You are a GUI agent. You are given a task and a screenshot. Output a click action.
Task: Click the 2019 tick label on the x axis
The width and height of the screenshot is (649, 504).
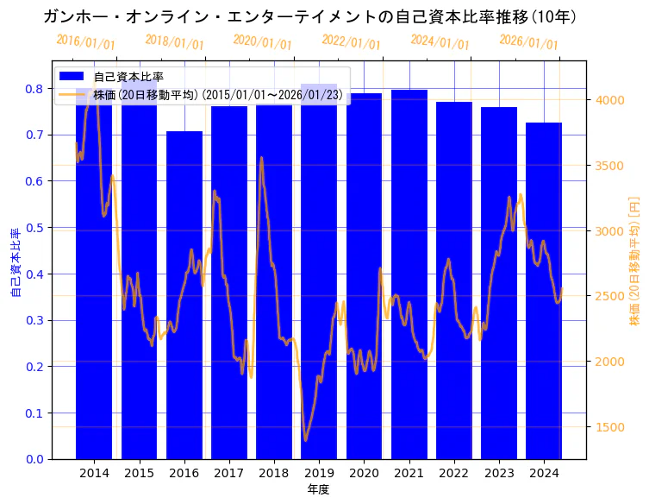(x=319, y=473)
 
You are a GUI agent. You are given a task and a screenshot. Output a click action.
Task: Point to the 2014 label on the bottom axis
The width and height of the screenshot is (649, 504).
(x=94, y=473)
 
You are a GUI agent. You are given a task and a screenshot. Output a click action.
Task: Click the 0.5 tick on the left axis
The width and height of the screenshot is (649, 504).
(x=34, y=228)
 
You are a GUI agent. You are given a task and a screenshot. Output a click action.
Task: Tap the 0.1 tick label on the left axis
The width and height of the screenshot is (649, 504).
(x=34, y=413)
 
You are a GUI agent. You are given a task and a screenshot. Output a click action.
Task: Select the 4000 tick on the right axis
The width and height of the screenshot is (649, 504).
(x=609, y=100)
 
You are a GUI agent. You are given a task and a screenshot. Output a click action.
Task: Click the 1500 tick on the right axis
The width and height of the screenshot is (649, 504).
(x=609, y=427)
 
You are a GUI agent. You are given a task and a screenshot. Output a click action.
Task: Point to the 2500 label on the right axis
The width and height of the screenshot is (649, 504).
(x=609, y=296)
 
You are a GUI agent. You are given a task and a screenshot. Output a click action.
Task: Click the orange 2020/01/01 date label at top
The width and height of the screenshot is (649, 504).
(x=263, y=42)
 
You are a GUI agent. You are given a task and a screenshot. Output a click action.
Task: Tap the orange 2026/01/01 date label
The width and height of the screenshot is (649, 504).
(x=528, y=42)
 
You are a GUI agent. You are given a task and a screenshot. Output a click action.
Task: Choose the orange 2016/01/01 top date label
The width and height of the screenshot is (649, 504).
(x=85, y=42)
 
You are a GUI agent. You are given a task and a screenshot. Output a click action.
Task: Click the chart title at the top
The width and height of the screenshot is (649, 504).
(x=309, y=16)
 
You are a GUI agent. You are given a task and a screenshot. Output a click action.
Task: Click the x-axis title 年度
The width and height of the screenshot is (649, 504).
(x=318, y=489)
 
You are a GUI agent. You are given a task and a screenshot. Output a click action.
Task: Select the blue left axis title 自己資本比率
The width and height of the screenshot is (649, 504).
(x=15, y=263)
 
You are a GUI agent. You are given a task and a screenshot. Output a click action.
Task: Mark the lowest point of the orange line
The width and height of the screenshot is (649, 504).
(x=305, y=440)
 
